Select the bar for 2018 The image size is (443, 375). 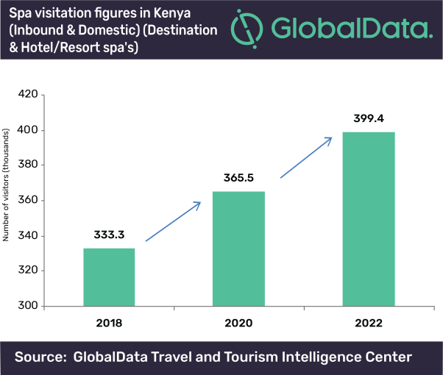(x=109, y=277)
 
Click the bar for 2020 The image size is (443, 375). (x=238, y=249)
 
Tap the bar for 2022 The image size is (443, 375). (x=369, y=218)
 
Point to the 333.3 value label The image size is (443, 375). (x=109, y=235)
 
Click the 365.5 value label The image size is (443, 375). (x=238, y=179)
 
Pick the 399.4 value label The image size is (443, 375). (x=369, y=118)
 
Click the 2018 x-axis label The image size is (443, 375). (x=109, y=324)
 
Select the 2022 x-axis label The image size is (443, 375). (x=369, y=324)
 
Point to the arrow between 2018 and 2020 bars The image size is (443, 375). (x=172, y=221)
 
